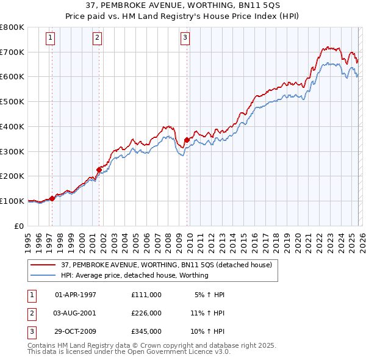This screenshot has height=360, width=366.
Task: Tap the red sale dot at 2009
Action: [187, 140]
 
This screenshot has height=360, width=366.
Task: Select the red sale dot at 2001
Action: [99, 170]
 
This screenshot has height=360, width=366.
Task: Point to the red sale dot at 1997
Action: [52, 198]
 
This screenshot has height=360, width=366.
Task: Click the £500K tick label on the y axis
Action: [12, 101]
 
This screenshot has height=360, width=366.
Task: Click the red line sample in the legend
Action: [43, 265]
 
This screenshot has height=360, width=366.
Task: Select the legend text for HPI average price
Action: [134, 275]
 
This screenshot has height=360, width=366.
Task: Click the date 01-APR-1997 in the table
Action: [76, 295]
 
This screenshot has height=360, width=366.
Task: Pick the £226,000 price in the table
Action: [146, 313]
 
